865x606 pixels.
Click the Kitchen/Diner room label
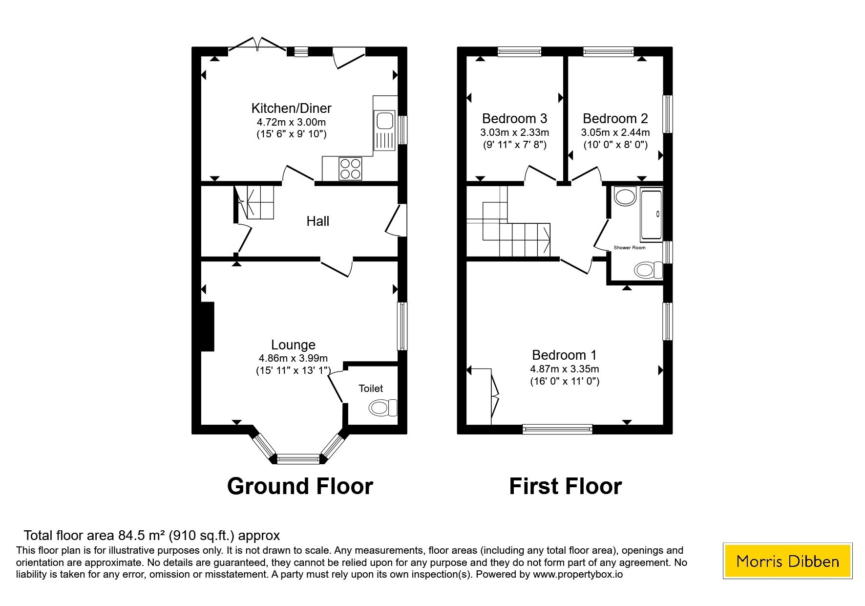(291, 108)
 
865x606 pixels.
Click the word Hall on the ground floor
(317, 221)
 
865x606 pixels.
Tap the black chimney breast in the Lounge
(208, 326)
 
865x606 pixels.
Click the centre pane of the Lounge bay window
(298, 458)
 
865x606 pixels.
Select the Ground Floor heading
(300, 486)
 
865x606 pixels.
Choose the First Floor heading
(566, 486)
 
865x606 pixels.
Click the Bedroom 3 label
(514, 118)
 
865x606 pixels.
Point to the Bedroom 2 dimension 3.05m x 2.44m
(615, 132)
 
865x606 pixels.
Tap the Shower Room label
(630, 248)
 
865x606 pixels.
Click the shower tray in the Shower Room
(651, 215)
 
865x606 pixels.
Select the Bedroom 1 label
(565, 355)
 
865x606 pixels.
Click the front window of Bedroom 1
(557, 429)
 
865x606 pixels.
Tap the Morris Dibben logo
(787, 561)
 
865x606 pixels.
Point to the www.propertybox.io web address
(578, 575)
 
